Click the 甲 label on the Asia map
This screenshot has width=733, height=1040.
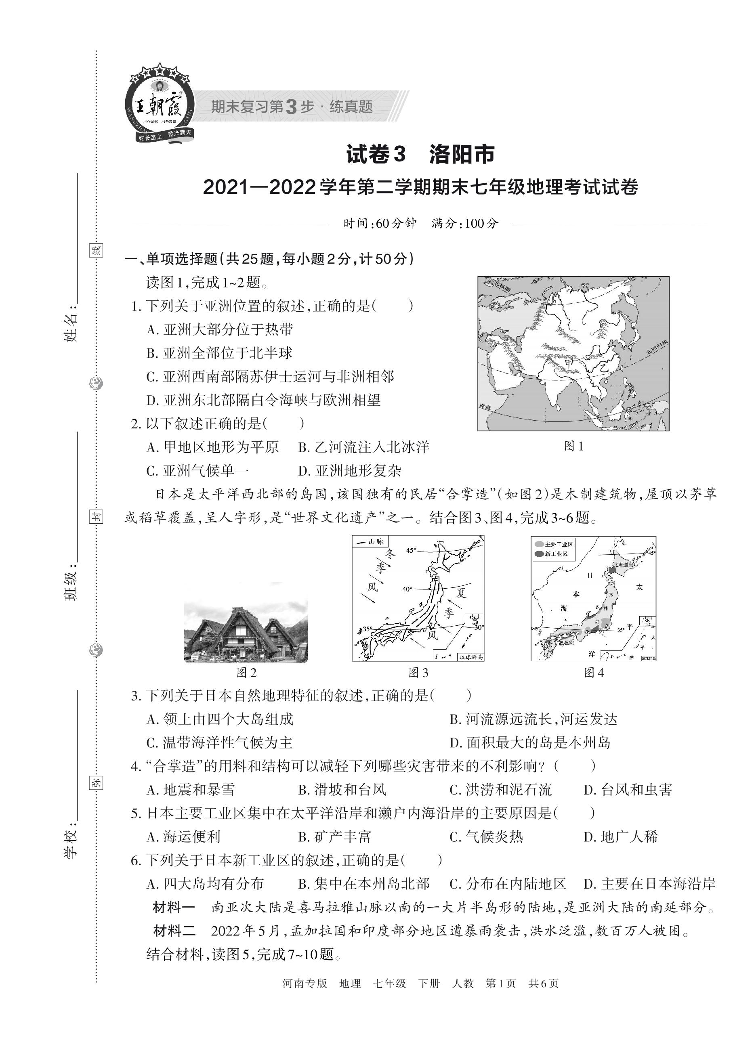[569, 363]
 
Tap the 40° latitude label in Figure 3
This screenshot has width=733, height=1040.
[407, 589]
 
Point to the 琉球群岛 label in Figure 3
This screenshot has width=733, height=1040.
[471, 657]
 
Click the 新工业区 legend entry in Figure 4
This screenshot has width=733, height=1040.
[556, 554]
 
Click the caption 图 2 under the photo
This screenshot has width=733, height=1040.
[246, 673]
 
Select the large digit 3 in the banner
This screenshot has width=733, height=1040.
[292, 107]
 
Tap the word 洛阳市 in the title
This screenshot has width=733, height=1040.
[462, 155]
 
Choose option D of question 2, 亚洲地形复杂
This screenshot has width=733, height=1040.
[350, 471]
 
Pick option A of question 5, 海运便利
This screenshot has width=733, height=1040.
[183, 837]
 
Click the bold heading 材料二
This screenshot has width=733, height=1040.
[174, 931]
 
